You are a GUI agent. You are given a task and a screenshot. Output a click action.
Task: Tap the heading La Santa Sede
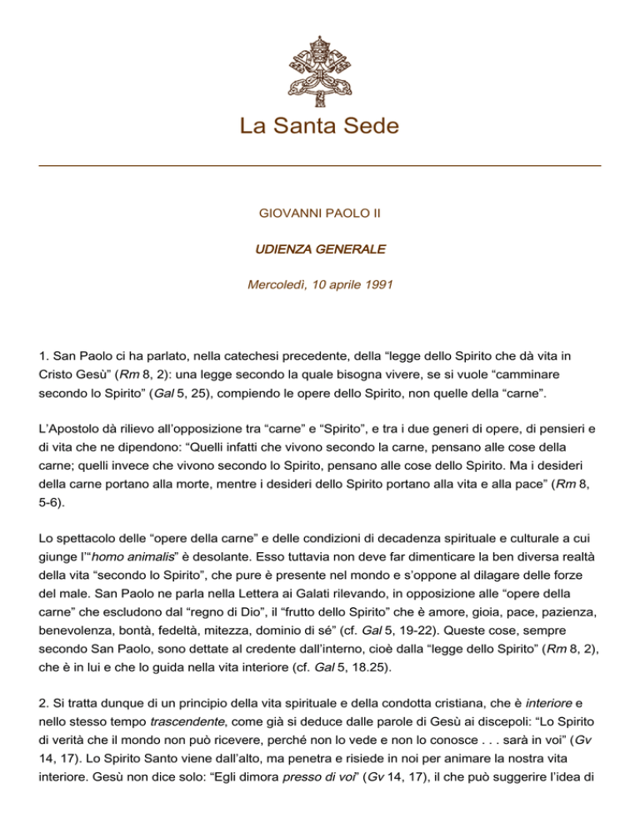[x=319, y=127]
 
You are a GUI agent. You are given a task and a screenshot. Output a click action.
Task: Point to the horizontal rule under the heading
[x=320, y=166]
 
